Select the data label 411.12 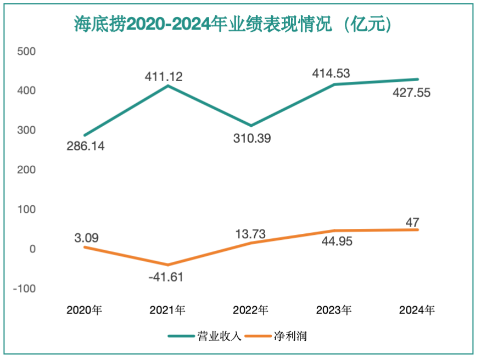164,76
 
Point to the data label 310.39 251,138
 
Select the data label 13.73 250,234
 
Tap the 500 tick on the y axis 26,52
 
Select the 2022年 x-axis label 250,311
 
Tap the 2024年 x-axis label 417,311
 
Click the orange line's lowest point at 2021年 168,265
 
